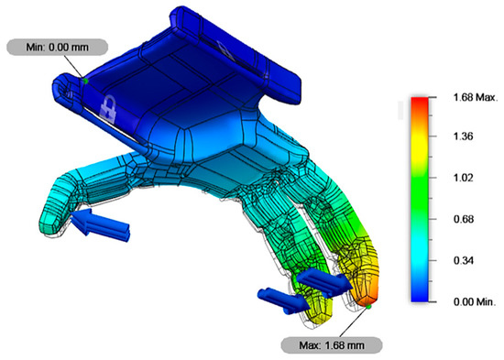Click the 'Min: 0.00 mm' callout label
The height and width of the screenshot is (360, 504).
[57, 48]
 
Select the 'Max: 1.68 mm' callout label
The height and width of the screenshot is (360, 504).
[332, 345]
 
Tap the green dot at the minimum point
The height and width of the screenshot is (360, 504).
[85, 81]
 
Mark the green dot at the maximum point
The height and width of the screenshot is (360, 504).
[368, 307]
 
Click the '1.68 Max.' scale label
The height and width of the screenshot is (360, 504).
[475, 97]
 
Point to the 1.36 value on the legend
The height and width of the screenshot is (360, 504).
[463, 136]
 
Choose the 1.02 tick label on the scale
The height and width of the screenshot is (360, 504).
[463, 178]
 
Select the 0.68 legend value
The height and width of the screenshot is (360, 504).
[463, 219]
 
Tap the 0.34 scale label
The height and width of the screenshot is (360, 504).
[463, 260]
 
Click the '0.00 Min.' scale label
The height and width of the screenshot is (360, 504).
[475, 301]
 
